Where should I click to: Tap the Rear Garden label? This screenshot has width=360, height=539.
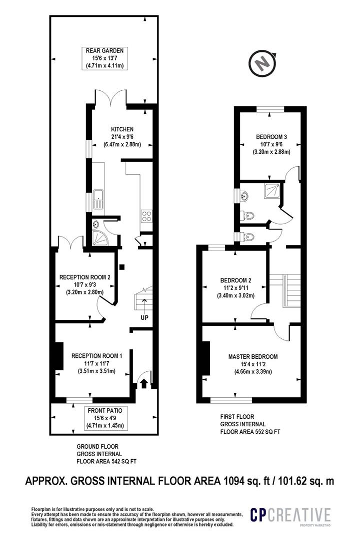(104, 50)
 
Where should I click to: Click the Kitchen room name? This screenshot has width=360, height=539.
(122, 129)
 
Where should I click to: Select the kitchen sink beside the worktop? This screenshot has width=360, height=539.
(99, 199)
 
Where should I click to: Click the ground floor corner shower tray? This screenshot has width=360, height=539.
(100, 238)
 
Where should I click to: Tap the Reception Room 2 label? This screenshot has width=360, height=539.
(84, 277)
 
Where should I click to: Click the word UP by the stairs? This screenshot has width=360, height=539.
(144, 317)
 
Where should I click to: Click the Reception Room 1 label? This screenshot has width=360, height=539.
(96, 356)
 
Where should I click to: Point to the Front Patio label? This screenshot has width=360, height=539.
(105, 410)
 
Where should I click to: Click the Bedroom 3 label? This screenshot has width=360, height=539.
(271, 137)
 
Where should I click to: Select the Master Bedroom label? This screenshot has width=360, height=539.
(253, 356)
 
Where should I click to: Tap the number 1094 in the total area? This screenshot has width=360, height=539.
(234, 481)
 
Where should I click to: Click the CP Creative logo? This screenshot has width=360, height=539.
(290, 515)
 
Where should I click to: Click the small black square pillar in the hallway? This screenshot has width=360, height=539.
(122, 267)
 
